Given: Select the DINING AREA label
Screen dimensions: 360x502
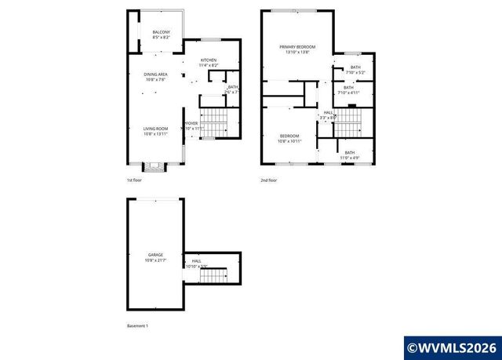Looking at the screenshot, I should [x=155, y=76].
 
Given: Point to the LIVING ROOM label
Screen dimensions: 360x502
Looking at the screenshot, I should [x=155, y=130].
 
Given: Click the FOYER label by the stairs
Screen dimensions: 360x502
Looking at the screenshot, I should [x=191, y=124].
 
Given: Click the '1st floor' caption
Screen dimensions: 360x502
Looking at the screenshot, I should [x=135, y=180].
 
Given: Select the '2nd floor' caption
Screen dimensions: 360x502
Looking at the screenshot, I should [x=269, y=180].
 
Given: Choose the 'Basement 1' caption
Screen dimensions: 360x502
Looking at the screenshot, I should [x=137, y=325].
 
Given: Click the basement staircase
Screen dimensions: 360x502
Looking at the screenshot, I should [x=212, y=275].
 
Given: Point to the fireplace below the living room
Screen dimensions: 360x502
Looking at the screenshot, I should [x=154, y=166].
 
